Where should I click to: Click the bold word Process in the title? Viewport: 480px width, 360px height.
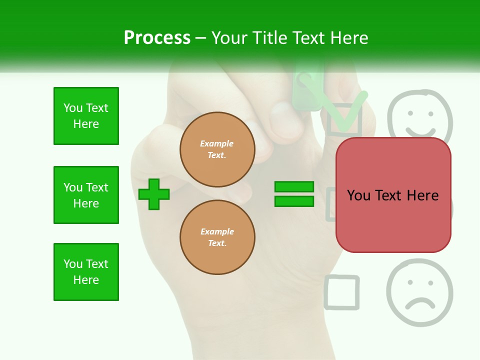click(157, 37)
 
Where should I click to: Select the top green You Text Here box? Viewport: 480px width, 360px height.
click(86, 116)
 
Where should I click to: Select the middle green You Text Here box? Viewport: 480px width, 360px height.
click(86, 195)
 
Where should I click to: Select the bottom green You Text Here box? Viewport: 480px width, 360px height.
click(86, 272)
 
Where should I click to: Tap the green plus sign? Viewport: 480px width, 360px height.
click(154, 194)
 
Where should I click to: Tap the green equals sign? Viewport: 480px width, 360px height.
click(294, 194)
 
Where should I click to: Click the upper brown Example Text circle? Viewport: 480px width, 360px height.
click(217, 149)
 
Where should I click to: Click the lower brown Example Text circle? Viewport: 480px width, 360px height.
click(217, 237)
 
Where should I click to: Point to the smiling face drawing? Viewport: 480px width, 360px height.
click(420, 114)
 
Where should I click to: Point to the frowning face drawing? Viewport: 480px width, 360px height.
click(419, 293)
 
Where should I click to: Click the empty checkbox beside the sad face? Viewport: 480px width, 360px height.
click(341, 292)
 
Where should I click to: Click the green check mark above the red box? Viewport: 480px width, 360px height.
click(345, 112)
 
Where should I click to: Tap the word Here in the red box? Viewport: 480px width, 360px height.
click(422, 195)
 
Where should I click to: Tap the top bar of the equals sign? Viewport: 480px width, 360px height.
click(294, 186)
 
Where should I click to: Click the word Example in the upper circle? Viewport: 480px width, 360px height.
click(216, 143)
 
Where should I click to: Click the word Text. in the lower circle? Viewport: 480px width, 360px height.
click(216, 243)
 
